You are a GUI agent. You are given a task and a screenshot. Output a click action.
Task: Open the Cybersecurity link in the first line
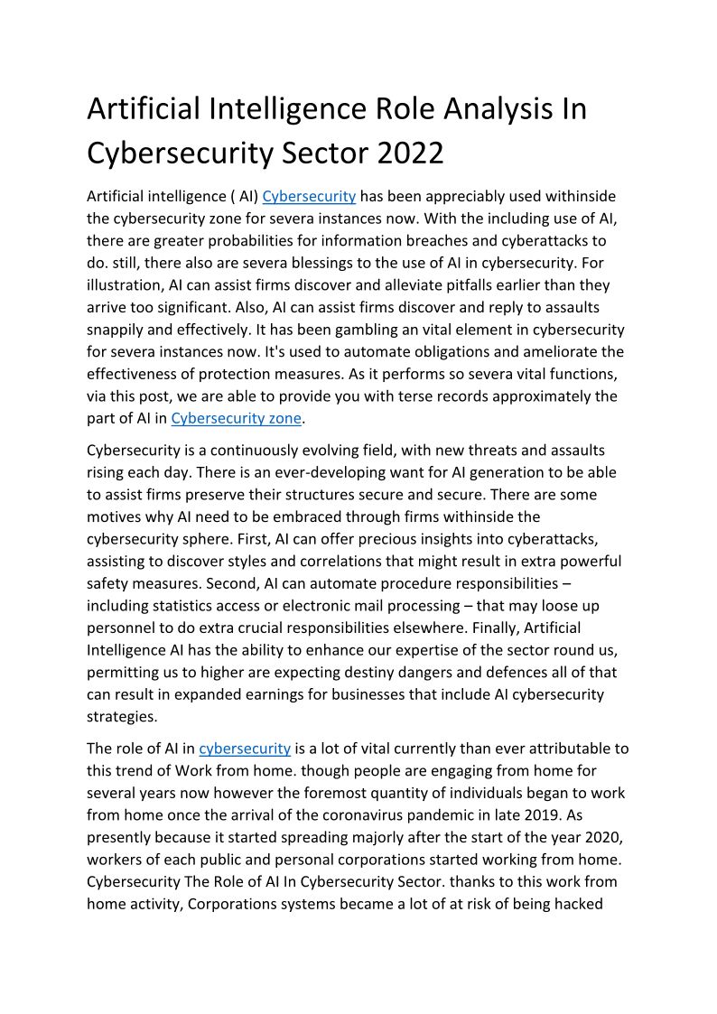[x=309, y=196]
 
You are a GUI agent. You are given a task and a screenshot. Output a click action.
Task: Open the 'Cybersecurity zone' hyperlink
[x=236, y=418]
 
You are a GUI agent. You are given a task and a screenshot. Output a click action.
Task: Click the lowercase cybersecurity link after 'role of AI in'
[x=245, y=749]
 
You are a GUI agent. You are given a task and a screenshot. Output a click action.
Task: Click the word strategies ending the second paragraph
[x=122, y=716]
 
